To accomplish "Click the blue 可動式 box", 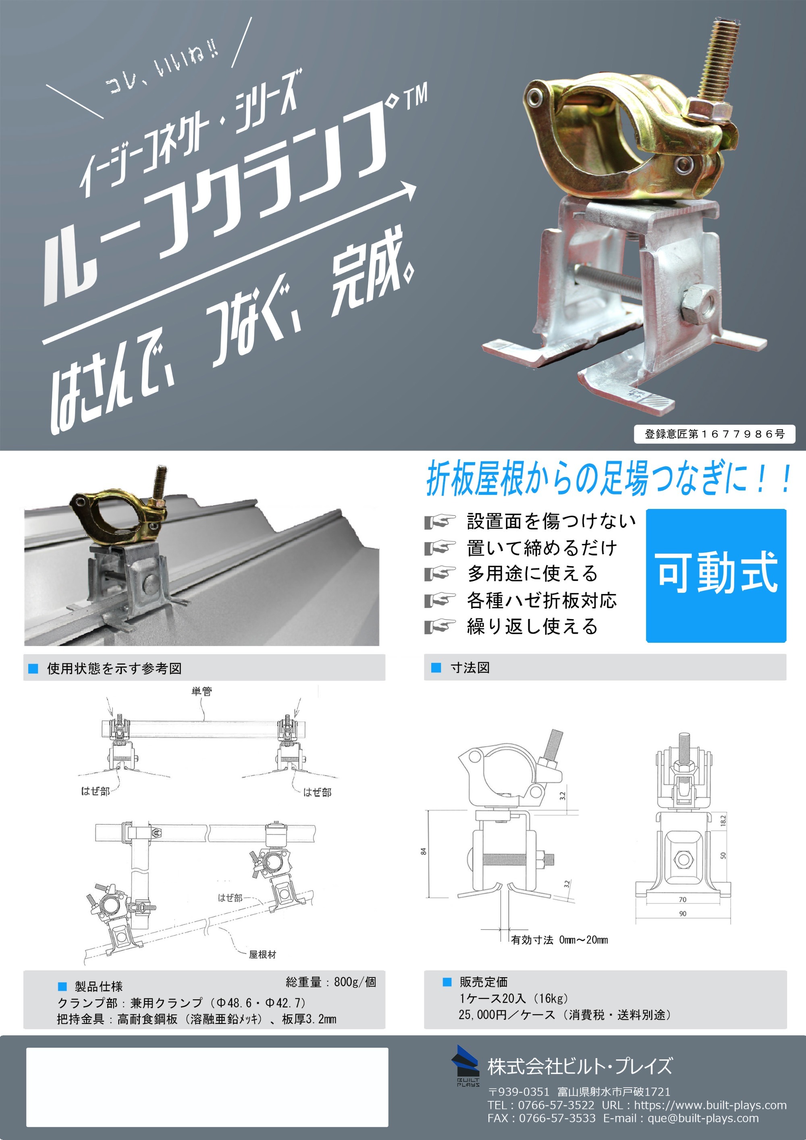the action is [716, 575].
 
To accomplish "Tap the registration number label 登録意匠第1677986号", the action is [715, 434].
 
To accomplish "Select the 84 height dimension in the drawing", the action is [423, 851].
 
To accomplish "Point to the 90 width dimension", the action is [683, 914].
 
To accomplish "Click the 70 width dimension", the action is [683, 899].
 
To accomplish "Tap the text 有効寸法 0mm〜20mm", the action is [560, 939].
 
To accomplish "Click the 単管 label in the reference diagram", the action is [201, 691].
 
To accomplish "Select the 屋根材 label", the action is [262, 954].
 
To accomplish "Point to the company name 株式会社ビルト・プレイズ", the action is [580, 1066].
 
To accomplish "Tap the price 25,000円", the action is [482, 1015].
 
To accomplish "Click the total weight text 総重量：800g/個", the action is [331, 982].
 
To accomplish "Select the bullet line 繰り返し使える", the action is [532, 626].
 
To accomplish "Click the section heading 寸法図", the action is [470, 668].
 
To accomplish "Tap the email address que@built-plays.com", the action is [703, 1118].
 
